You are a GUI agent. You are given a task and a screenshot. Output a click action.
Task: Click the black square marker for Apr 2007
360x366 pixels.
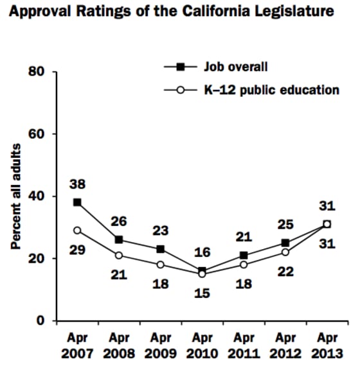pos(77,202)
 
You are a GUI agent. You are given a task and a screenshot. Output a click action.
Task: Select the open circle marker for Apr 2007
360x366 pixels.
pos(77,231)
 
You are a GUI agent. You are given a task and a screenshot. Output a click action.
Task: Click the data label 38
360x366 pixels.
pos(77,184)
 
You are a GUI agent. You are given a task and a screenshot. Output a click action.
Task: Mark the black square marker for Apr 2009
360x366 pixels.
pos(160,249)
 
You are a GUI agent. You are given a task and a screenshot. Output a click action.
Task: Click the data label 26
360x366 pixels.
pos(118,222)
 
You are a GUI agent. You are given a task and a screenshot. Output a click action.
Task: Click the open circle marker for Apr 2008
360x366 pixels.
pos(118,256)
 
